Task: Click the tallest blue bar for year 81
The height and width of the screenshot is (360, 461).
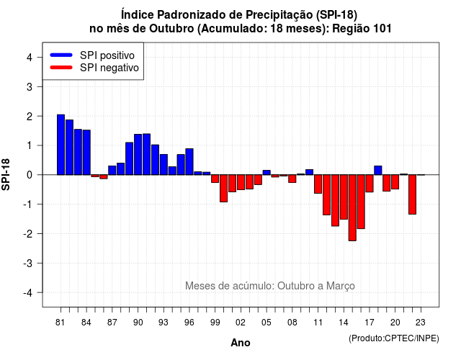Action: point(61,145)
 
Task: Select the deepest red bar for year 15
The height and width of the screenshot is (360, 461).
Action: point(352,208)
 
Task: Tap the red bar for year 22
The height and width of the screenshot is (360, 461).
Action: point(412,194)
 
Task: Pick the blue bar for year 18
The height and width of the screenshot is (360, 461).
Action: point(378,171)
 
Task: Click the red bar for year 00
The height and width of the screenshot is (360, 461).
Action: point(224,189)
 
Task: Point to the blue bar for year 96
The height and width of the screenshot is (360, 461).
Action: point(189,161)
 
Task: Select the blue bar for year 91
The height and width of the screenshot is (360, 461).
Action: point(146,154)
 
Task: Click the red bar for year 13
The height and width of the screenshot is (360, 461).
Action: point(335,200)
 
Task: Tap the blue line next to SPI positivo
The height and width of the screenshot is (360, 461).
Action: point(61,55)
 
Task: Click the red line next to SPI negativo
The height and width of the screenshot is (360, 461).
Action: point(61,68)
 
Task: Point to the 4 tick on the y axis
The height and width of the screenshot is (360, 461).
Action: point(40,57)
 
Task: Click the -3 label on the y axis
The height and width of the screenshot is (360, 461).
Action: point(28,264)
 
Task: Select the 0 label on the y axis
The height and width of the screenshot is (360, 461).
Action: point(30,175)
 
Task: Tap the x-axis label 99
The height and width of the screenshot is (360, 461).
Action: point(215,323)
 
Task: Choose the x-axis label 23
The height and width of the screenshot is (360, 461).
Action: point(421,323)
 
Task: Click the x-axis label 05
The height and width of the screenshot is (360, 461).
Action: point(267,323)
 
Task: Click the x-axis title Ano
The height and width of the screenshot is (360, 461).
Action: point(241,343)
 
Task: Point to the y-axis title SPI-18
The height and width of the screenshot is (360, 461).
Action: point(6,174)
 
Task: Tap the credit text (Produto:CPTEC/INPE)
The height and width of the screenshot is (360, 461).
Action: point(394,338)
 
